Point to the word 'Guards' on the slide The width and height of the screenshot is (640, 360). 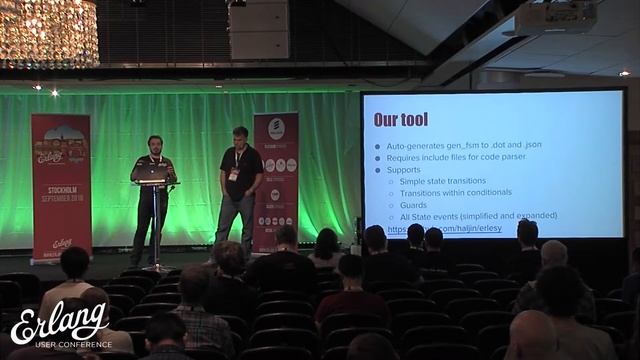[413, 205]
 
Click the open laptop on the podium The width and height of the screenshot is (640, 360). [150, 173]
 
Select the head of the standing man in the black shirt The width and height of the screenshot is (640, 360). [240, 135]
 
